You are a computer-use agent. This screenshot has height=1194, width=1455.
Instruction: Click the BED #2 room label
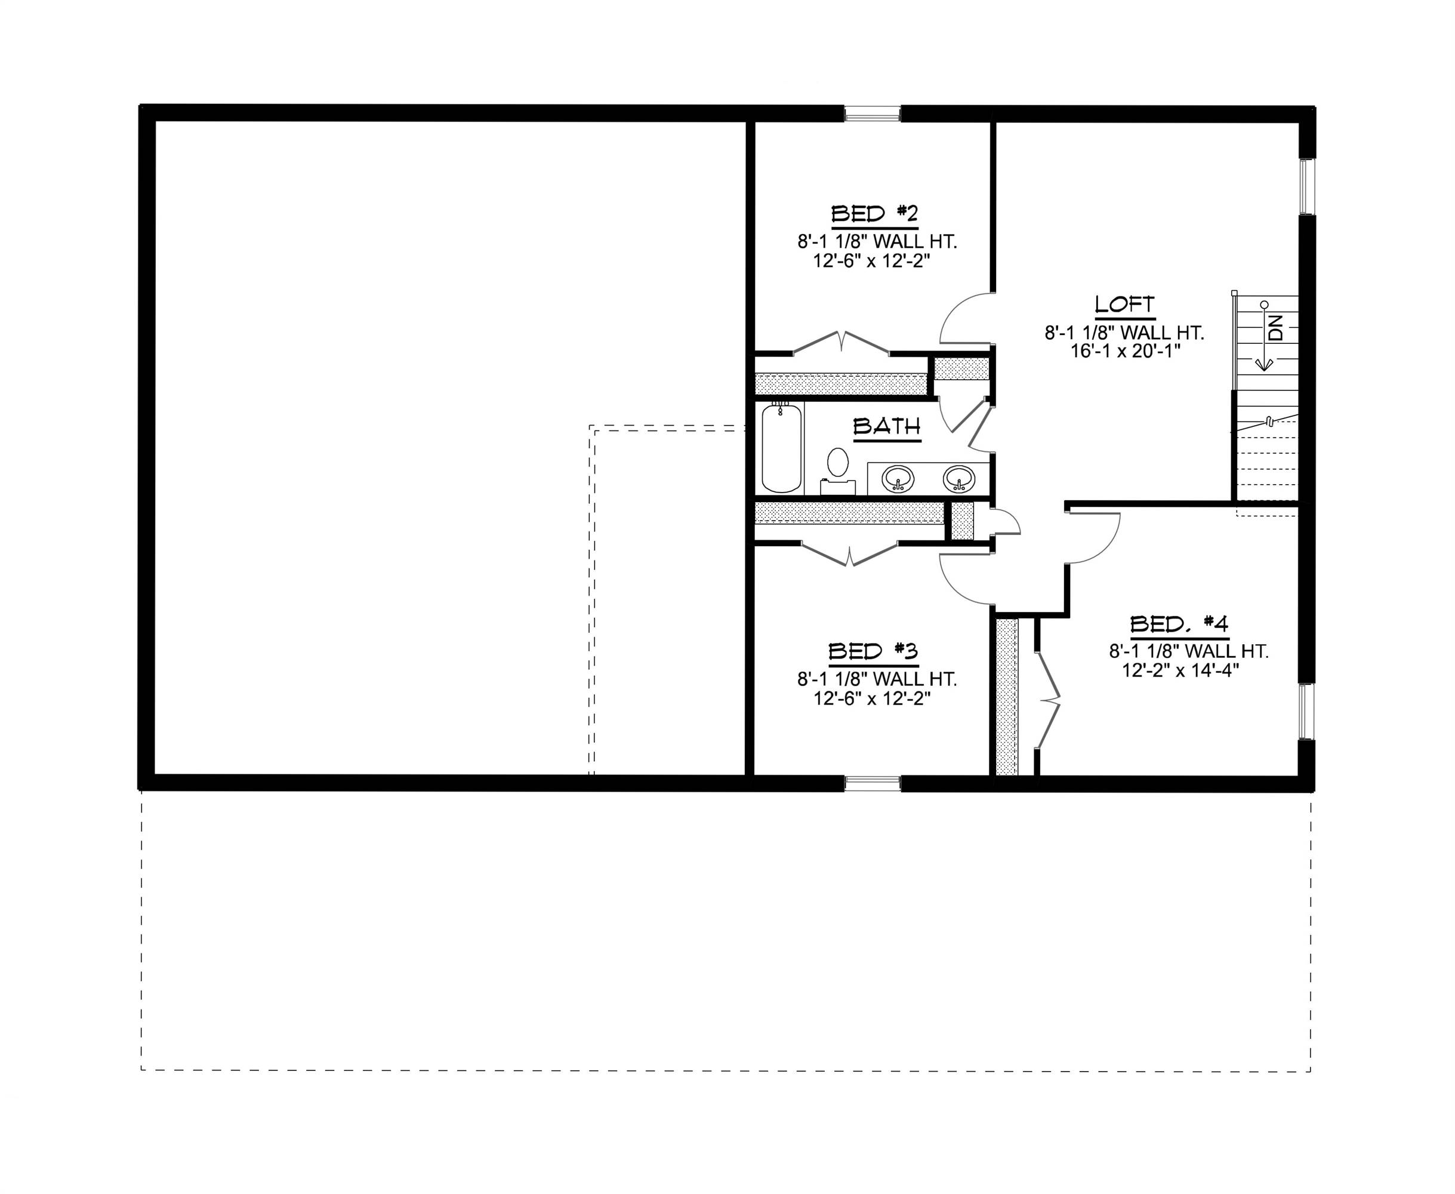pos(875,214)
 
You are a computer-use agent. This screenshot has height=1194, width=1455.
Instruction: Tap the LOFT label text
pos(1124,304)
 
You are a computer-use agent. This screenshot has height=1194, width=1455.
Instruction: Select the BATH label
pos(887,427)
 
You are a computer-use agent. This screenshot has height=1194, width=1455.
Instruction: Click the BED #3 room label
pos(873,651)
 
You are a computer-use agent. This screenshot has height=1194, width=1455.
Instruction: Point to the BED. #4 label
pos(1179,624)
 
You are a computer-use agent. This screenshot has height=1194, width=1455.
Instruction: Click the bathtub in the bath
pos(782,448)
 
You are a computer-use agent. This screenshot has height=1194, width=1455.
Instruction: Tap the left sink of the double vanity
pos(898,478)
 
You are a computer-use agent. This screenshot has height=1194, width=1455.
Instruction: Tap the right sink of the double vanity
pos(958,478)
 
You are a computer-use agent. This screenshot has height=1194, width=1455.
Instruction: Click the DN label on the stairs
pos(1275,328)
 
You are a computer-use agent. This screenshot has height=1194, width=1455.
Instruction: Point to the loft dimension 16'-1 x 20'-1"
pos(1125,351)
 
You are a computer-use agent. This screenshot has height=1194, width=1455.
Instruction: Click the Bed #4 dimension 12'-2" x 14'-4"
pos(1180,670)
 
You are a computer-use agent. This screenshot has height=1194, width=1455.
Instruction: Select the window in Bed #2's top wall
pos(872,113)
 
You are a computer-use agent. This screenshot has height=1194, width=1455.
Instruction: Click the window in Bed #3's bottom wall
pos(872,783)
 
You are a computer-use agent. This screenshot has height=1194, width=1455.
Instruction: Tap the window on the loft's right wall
pos(1306,187)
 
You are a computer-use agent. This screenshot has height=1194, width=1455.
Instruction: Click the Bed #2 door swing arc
pos(959,316)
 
